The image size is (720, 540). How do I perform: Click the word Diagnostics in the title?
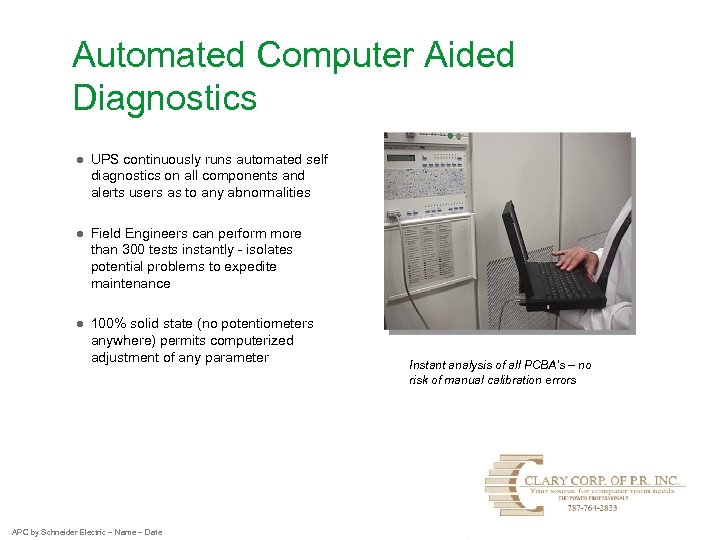[164, 98]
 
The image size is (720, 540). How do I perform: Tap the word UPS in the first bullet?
[104, 160]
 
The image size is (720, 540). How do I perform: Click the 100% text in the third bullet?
[108, 324]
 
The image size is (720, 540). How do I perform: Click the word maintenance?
[130, 284]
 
